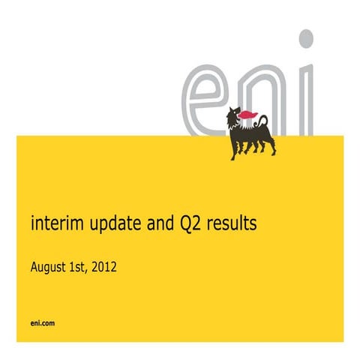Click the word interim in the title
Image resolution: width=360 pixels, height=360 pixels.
pyautogui.click(x=52, y=223)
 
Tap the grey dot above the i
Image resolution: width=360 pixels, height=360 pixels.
pyautogui.click(x=305, y=38)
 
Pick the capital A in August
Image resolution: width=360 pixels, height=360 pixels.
pyautogui.click(x=34, y=265)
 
